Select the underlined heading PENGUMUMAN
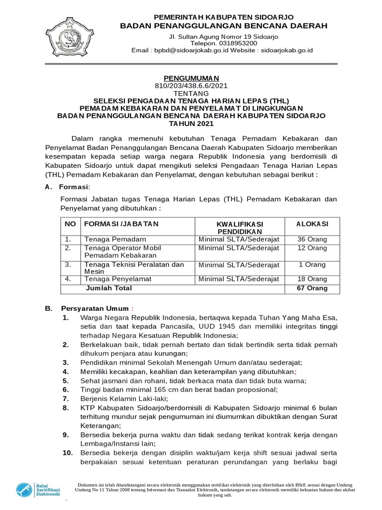(191, 78)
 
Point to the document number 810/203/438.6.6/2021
(191, 86)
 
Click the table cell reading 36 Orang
(312, 240)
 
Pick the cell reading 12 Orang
(312, 248)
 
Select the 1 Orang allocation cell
(312, 264)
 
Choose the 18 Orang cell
(312, 279)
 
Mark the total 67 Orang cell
(312, 288)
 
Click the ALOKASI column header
(312, 224)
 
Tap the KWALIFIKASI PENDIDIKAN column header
(239, 228)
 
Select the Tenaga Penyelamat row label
(117, 279)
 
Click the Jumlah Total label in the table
(108, 288)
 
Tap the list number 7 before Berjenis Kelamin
(65, 399)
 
